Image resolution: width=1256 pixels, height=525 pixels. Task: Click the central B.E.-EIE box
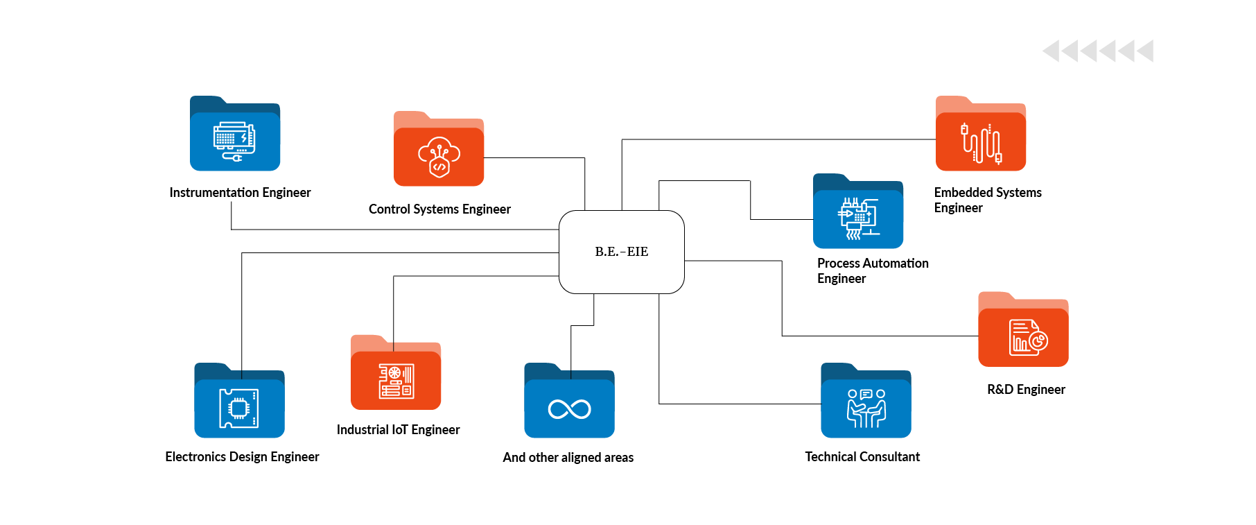621,252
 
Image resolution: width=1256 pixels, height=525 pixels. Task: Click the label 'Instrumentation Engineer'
240,192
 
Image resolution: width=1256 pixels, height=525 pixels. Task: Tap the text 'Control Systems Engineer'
439,209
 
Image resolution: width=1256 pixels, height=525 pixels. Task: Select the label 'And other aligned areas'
568,457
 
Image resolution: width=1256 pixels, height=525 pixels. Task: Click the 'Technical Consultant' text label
862,456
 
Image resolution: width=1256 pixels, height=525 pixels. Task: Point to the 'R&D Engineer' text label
1026,389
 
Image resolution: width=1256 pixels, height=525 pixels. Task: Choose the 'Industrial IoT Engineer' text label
398,429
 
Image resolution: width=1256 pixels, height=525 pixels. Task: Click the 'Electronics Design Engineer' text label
242,456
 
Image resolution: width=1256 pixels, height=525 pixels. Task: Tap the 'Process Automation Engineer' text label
872,270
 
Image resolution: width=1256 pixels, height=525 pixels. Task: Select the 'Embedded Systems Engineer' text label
987,200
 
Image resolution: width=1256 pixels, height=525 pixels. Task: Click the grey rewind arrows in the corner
1097,51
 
